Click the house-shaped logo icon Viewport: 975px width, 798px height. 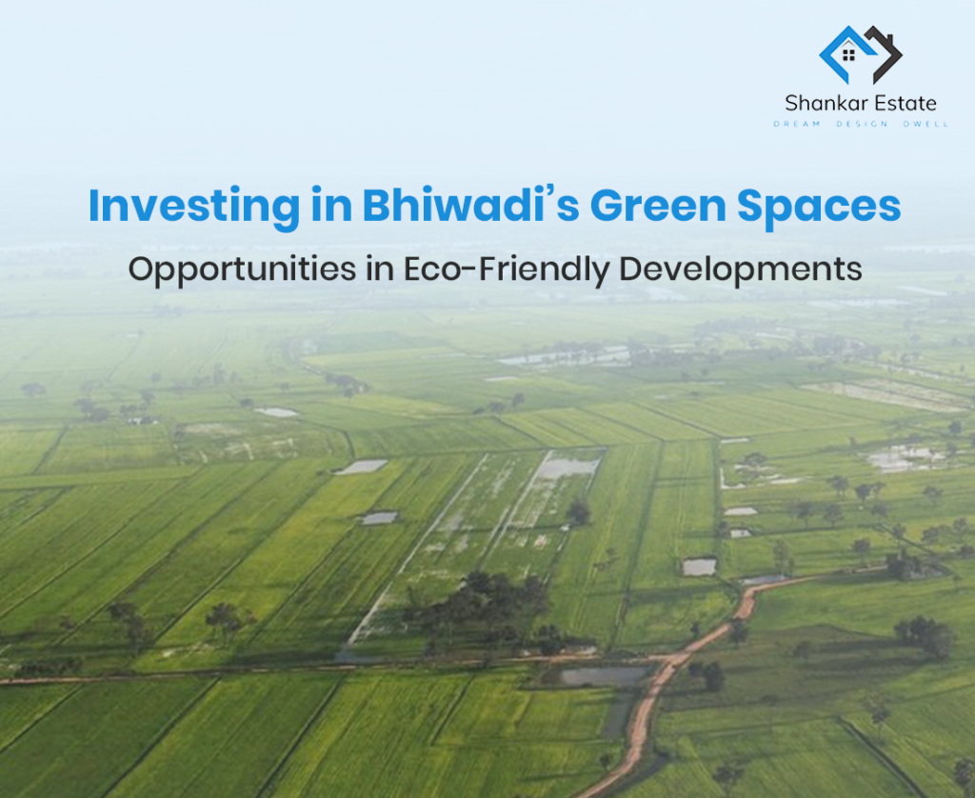860,54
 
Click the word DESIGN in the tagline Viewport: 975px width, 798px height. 860,125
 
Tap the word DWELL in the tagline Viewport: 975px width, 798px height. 923,125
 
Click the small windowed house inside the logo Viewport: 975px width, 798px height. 849,54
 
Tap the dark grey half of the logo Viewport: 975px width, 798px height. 884,53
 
